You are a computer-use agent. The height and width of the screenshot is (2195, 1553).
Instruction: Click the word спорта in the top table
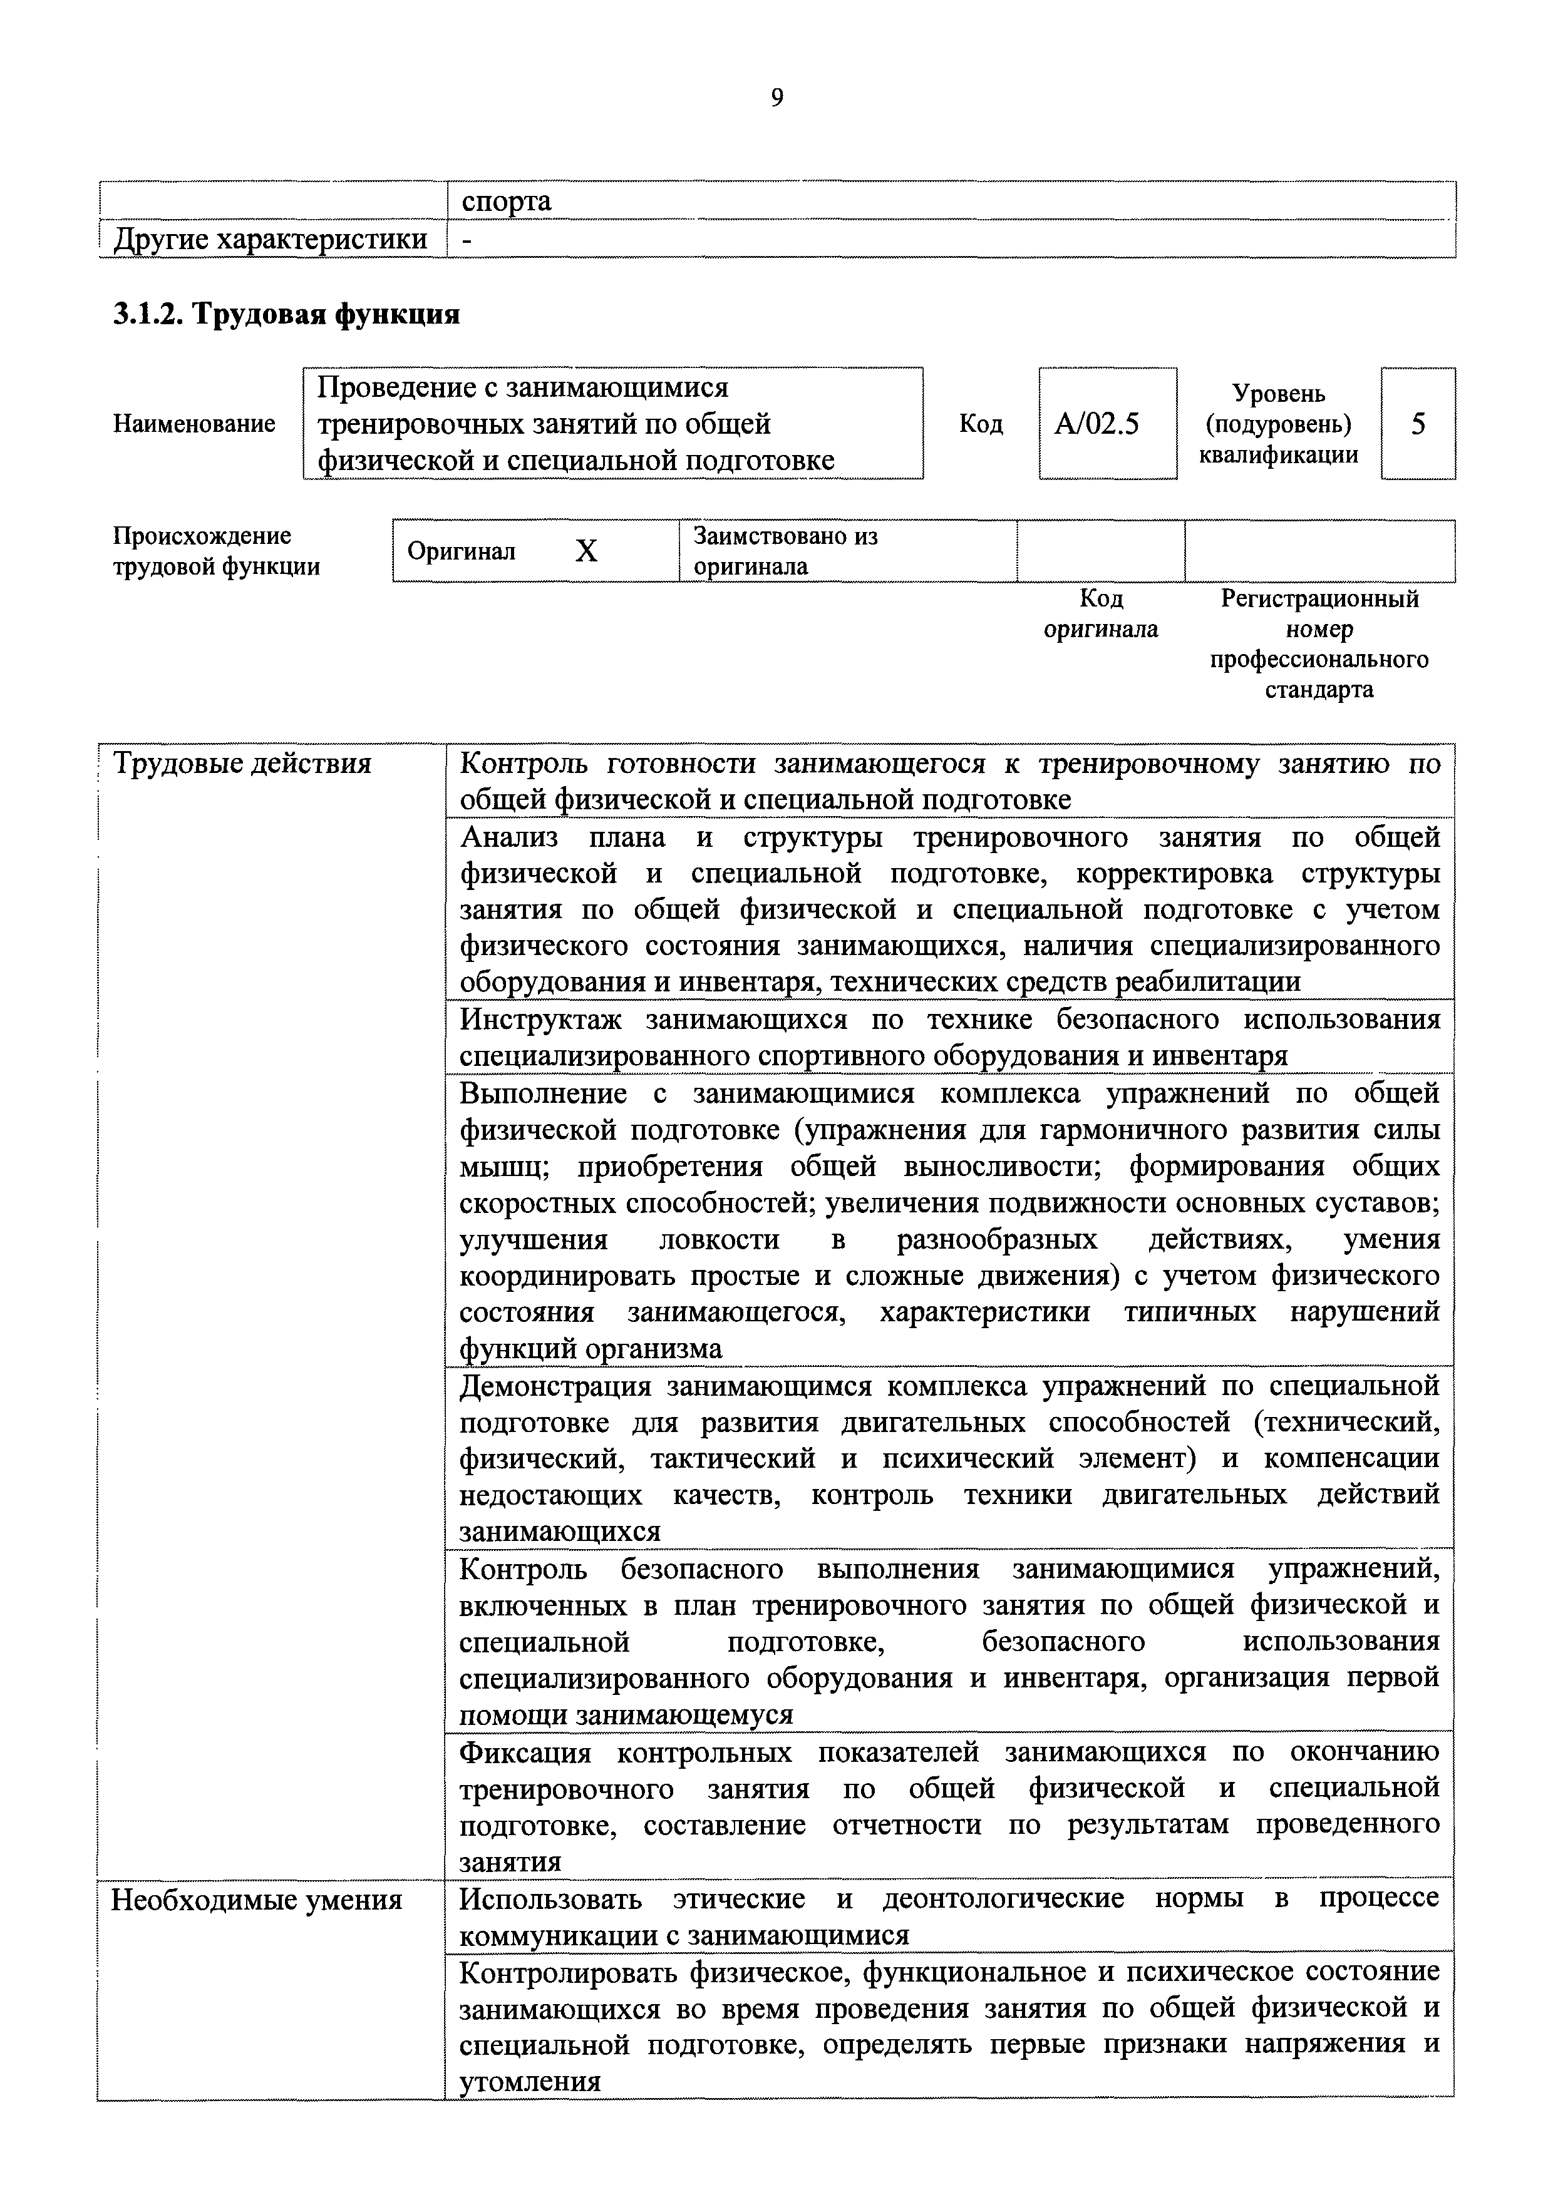tap(506, 202)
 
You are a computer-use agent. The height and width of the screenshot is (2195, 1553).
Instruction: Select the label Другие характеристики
tap(271, 239)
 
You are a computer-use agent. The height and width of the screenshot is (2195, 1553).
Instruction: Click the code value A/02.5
tap(1097, 424)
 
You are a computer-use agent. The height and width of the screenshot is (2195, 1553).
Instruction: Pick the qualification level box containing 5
tap(1418, 424)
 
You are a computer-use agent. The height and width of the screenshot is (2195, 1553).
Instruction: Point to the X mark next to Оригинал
tap(586, 551)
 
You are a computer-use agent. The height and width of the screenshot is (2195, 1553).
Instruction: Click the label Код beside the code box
tap(981, 424)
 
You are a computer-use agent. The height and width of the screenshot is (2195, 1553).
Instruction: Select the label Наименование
tap(194, 424)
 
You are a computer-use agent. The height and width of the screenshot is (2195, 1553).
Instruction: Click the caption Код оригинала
tap(1101, 614)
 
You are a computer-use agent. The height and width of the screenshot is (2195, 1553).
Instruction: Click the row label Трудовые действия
tap(242, 764)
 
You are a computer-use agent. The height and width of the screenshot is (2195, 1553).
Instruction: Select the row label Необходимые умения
tap(256, 1900)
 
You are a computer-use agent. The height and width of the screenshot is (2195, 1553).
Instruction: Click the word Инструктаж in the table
tap(540, 1020)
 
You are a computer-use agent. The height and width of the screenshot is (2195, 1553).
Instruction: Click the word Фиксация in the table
tap(526, 1752)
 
